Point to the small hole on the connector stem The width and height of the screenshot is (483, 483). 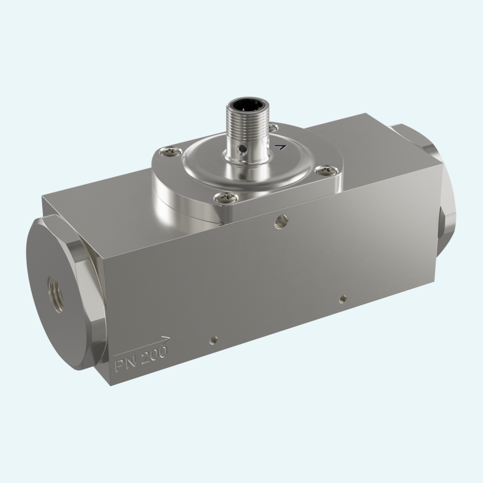(243, 149)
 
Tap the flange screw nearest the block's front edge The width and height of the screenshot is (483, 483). (226, 197)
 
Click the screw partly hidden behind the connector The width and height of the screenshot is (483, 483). (273, 127)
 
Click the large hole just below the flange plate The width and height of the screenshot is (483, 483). (281, 222)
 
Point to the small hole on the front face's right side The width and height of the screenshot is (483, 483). (343, 298)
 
